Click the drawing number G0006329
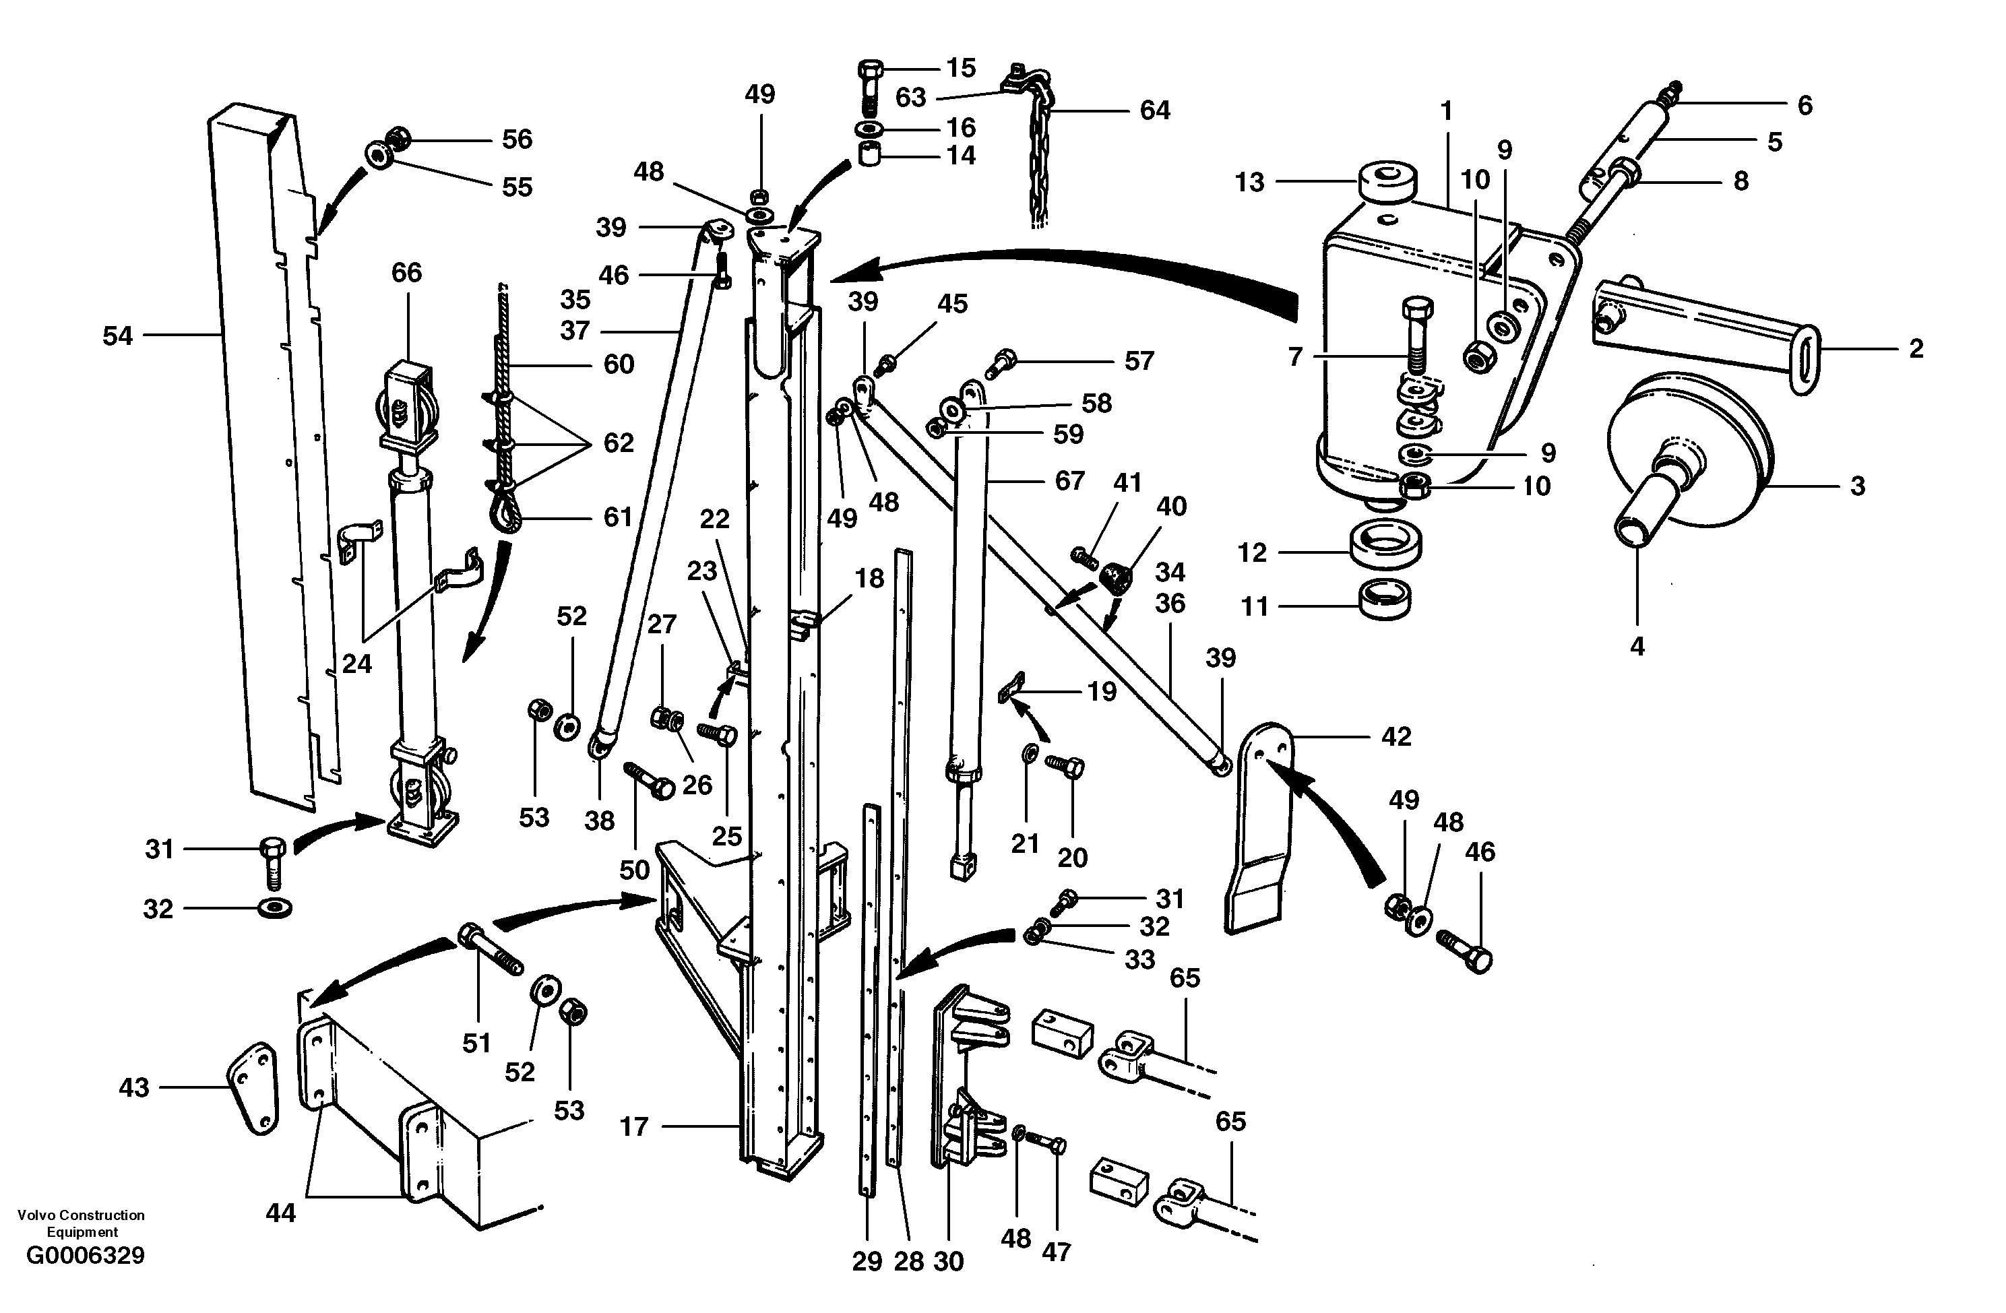click(x=85, y=1256)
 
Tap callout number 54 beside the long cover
click(x=117, y=336)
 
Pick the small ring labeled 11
click(x=1385, y=599)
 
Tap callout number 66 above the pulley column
click(x=406, y=272)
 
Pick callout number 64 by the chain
click(x=1155, y=110)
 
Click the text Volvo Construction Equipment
click(x=81, y=1223)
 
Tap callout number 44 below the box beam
click(x=281, y=1213)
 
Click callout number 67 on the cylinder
click(x=1069, y=480)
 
